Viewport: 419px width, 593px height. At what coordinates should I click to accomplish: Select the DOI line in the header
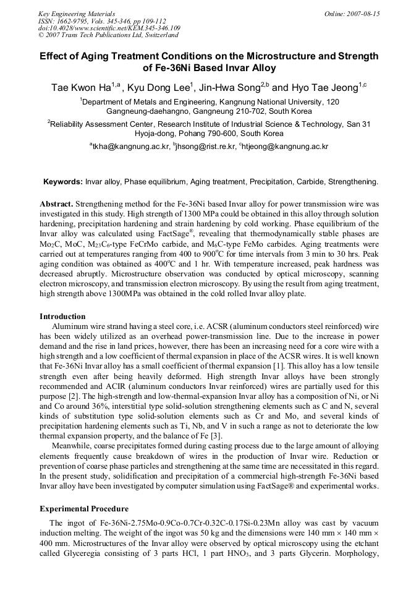[109, 28]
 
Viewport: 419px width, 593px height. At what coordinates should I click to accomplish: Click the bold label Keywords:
[62, 182]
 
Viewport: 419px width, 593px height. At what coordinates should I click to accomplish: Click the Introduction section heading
[62, 317]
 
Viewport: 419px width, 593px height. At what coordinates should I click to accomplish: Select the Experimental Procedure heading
[84, 509]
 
